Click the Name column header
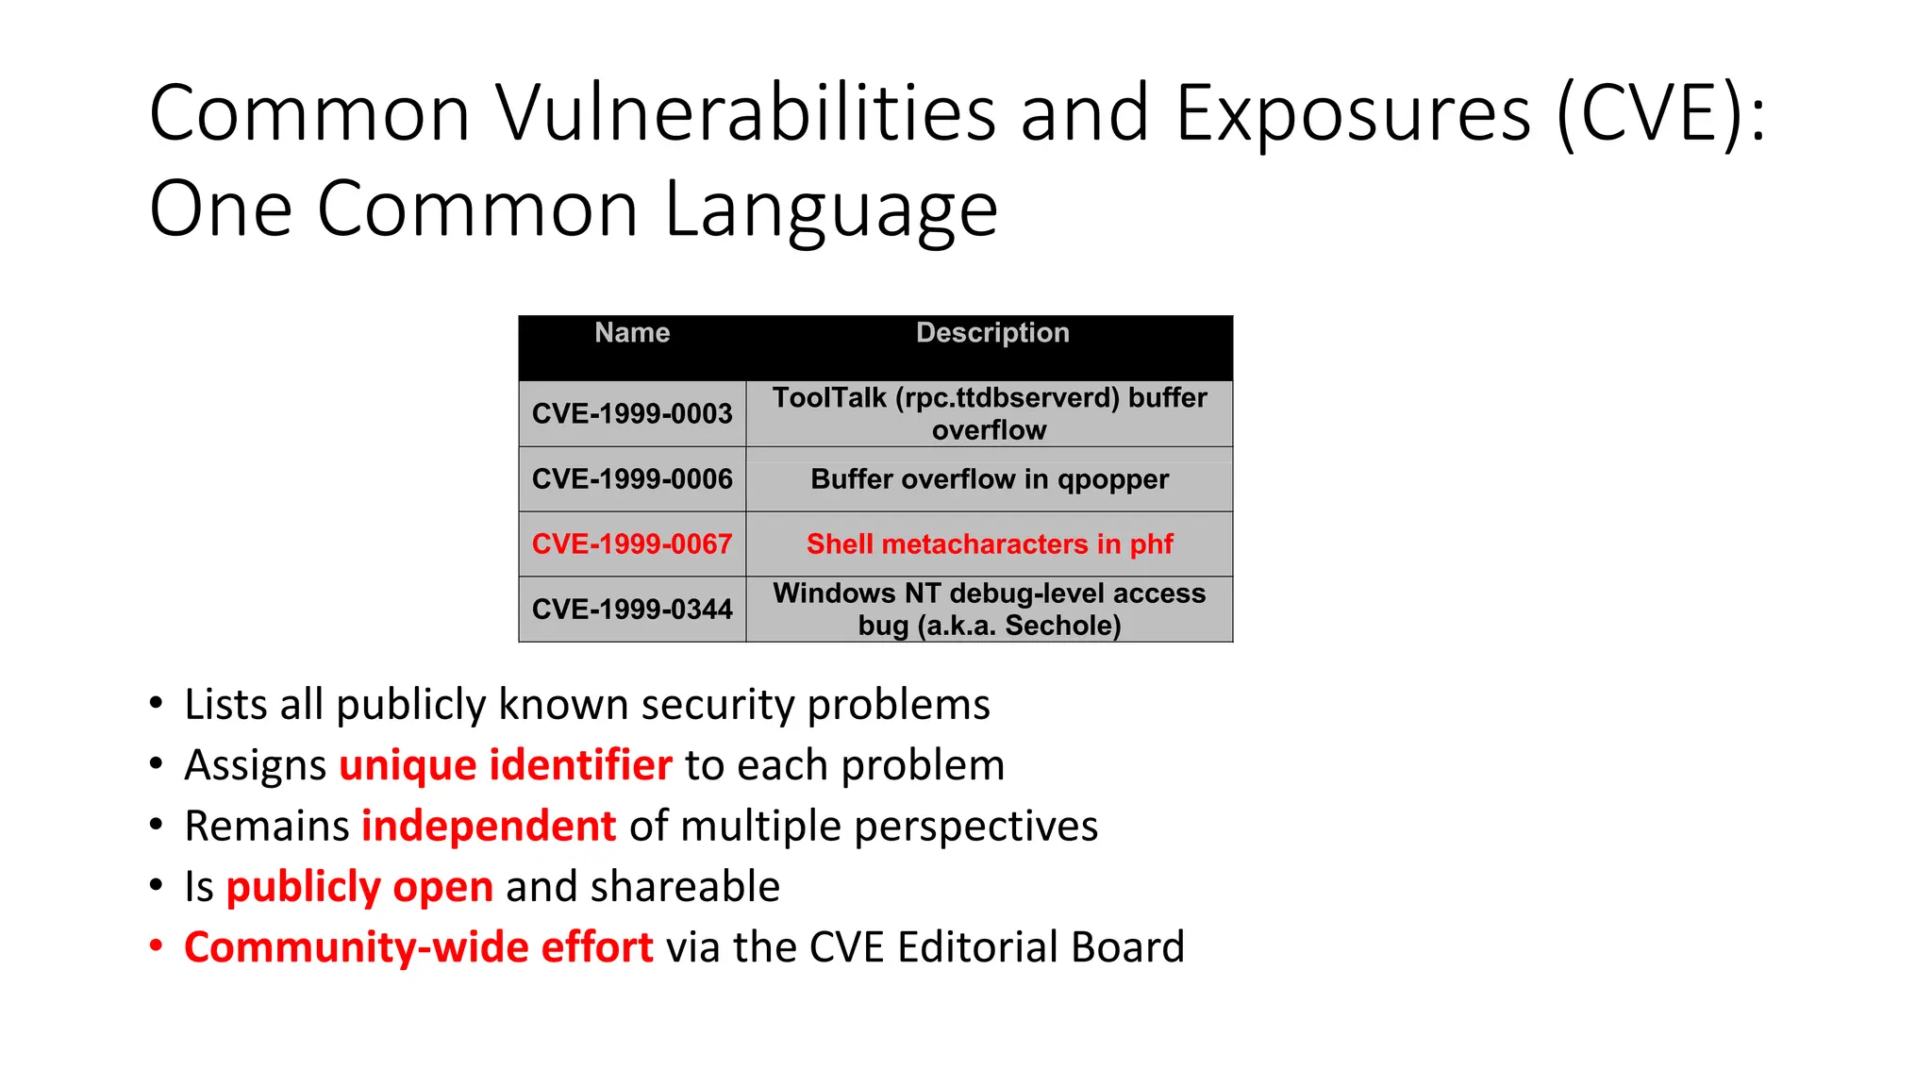tap(632, 333)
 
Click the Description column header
tap(992, 333)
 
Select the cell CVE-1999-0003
tap(632, 413)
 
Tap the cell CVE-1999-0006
tap(632, 479)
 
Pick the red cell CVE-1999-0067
tap(632, 544)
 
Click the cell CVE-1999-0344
tap(632, 610)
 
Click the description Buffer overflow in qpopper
tap(990, 479)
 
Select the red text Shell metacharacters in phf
tap(990, 544)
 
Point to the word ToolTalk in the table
tap(829, 398)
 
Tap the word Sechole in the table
tap(1062, 626)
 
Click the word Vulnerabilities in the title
tap(746, 113)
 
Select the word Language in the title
tap(831, 209)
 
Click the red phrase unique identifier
tap(506, 765)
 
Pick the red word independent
tap(489, 827)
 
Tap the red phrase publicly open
tap(359, 887)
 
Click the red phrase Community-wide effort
tap(418, 947)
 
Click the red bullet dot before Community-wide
tap(157, 945)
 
